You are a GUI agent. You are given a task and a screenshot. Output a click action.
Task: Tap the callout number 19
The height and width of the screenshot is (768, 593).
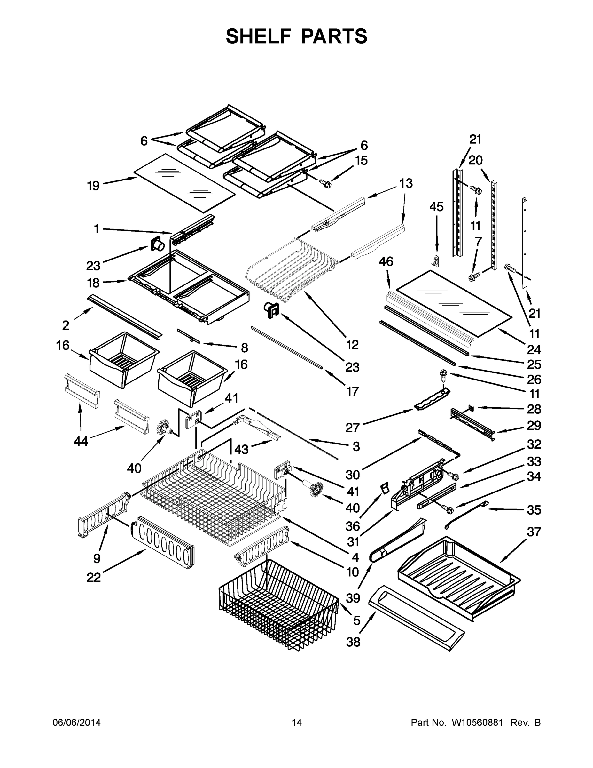coord(93,185)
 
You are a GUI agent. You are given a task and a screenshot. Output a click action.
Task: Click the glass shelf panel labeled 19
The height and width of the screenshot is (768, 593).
coord(184,183)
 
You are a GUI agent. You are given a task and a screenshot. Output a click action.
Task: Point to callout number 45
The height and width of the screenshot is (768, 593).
coord(436,207)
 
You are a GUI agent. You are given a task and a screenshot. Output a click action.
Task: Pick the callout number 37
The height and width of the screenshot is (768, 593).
coord(534,532)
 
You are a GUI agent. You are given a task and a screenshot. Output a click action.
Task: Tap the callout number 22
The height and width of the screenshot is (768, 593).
coord(94,577)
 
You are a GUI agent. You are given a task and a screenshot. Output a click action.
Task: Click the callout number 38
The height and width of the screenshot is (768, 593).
coord(353,642)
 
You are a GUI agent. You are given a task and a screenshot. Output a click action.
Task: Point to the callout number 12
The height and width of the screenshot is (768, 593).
coord(352,345)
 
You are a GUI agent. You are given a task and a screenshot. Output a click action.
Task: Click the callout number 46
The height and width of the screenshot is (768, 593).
coord(386,262)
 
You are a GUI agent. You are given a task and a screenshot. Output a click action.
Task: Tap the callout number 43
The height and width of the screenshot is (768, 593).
coord(241,449)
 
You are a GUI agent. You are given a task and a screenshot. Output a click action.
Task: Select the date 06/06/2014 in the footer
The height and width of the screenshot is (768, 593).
coord(77,723)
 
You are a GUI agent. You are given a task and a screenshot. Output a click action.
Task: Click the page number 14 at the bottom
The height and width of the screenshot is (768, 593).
coord(297,723)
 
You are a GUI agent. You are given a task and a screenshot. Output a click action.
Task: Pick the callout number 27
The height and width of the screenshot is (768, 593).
coord(353,428)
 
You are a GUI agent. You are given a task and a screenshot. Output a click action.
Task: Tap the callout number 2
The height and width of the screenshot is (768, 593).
coord(66,325)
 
